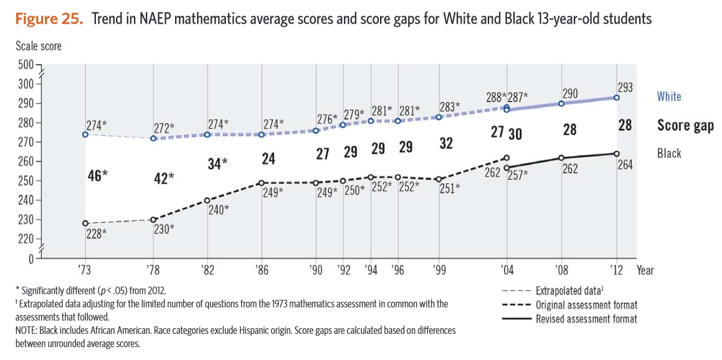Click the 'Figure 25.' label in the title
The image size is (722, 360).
(x=49, y=19)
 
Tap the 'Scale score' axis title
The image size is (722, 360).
(x=39, y=46)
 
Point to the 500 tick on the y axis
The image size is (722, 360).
(x=25, y=64)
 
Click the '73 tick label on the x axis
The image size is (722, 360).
(x=85, y=271)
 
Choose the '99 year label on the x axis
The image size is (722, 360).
(x=439, y=271)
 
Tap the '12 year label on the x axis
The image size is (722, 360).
(x=617, y=271)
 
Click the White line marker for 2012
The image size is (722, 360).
(x=617, y=98)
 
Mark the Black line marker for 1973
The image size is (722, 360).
(x=85, y=223)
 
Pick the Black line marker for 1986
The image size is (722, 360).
(x=262, y=183)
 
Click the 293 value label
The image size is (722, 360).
(x=625, y=88)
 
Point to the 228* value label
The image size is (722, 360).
(x=96, y=234)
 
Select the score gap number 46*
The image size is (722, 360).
(x=98, y=176)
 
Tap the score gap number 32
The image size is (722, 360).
(x=446, y=143)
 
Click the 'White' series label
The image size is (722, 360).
(x=669, y=97)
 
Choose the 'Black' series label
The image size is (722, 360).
(x=669, y=153)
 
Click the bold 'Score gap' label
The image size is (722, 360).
(x=685, y=126)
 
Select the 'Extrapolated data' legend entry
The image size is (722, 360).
(x=568, y=291)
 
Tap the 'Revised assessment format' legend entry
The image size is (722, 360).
(x=586, y=319)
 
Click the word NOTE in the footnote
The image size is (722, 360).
(x=27, y=330)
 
